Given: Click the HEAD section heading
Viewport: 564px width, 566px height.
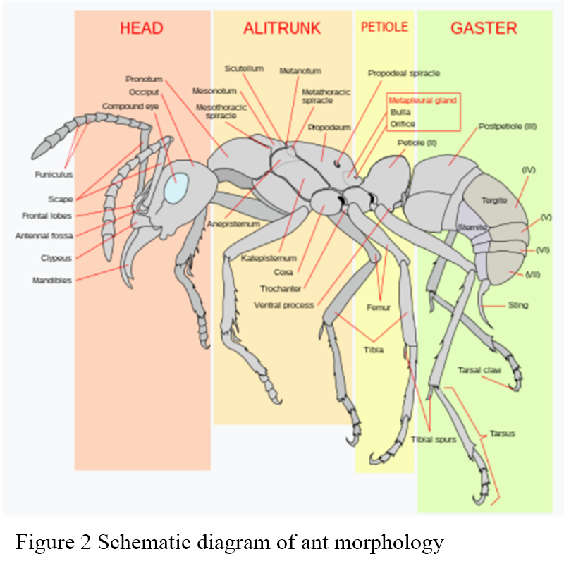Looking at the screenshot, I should click(x=142, y=28).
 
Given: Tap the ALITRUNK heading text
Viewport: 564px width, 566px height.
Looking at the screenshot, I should click(x=282, y=28).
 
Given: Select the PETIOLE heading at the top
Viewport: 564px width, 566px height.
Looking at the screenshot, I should click(x=384, y=27).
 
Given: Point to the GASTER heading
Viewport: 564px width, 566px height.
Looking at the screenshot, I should click(x=484, y=28).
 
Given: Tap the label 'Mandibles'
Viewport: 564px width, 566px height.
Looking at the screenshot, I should click(x=51, y=281).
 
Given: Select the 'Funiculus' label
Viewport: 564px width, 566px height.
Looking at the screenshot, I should click(x=54, y=174).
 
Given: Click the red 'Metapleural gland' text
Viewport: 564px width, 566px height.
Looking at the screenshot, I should click(x=423, y=101).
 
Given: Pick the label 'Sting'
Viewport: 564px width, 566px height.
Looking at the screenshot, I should click(x=517, y=305).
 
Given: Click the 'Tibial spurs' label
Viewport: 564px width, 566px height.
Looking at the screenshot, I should click(x=434, y=440).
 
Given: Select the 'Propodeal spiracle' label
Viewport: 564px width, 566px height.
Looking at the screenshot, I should click(x=404, y=73).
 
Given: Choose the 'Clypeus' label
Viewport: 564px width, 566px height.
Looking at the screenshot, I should click(x=56, y=258).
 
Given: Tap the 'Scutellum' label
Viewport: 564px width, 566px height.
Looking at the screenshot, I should click(x=244, y=68).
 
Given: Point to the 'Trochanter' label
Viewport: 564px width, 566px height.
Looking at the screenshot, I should click(x=281, y=288).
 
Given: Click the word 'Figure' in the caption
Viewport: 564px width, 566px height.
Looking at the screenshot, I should click(x=38, y=543).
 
